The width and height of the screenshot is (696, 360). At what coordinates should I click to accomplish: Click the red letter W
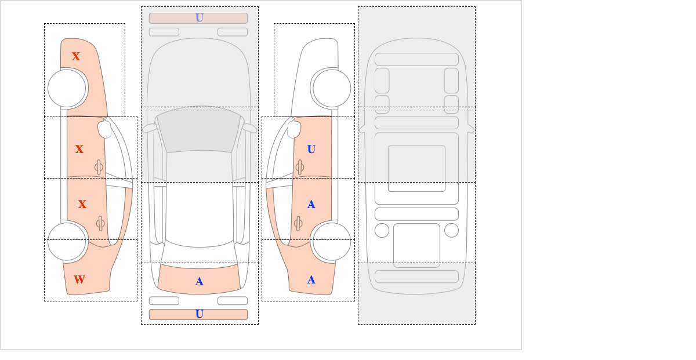[79, 279]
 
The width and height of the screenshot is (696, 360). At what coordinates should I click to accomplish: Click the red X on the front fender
[76, 56]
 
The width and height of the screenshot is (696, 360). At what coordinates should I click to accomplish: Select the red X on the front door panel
[79, 149]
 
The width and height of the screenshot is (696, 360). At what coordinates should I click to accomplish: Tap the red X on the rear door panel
[82, 204]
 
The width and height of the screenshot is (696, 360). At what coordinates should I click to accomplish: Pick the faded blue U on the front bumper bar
[200, 18]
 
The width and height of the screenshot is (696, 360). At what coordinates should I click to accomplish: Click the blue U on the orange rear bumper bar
[200, 314]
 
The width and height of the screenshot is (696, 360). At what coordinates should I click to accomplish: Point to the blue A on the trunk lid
[200, 282]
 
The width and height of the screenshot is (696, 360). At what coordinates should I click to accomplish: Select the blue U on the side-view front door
[311, 150]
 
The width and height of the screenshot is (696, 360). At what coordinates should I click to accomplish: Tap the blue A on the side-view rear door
[311, 205]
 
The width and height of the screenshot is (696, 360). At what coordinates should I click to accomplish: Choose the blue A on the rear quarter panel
[311, 280]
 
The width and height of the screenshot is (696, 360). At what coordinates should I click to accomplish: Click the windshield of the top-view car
[199, 130]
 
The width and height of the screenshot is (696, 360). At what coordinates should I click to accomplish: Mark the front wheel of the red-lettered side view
[67, 88]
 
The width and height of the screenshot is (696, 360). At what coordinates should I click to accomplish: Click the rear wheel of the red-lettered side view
[67, 241]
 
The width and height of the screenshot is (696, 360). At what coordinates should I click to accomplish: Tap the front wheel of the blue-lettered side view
[332, 88]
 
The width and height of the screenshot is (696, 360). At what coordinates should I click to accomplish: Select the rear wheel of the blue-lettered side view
[332, 241]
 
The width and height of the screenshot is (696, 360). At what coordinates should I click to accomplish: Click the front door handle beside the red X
[99, 167]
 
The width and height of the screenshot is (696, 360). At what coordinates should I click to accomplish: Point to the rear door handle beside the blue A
[298, 223]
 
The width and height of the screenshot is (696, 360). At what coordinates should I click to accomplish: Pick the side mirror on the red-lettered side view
[104, 129]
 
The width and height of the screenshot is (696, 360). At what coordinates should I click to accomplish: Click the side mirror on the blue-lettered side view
[294, 129]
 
